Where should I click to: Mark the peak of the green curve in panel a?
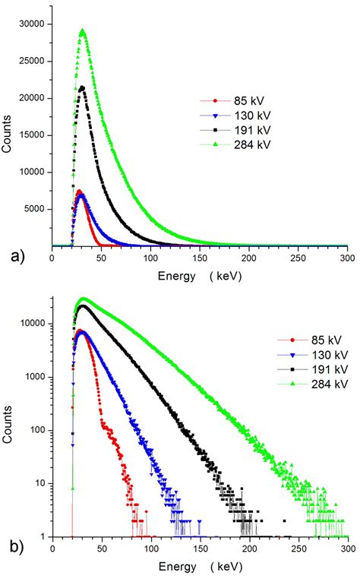tap(82, 32)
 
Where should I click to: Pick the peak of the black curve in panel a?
tap(82, 87)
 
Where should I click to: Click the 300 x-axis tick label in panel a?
tap(347, 258)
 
